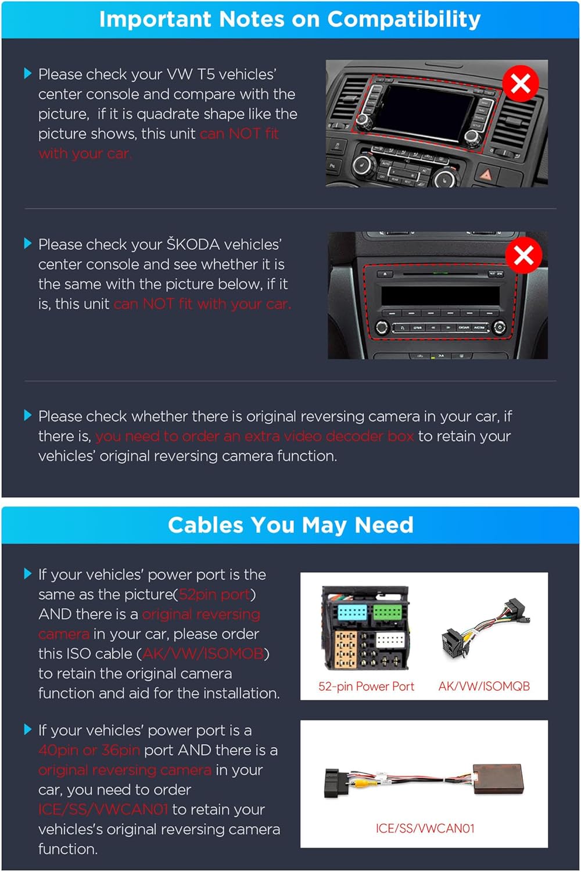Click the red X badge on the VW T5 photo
pyautogui.click(x=521, y=83)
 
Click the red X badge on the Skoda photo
pyautogui.click(x=523, y=255)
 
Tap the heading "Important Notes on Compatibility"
pyautogui.click(x=290, y=19)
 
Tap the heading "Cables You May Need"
pyautogui.click(x=290, y=525)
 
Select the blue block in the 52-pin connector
pyautogui.click(x=352, y=612)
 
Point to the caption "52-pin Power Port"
pyautogui.click(x=366, y=687)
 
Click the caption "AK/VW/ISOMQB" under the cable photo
pyautogui.click(x=484, y=687)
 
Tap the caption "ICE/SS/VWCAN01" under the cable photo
pyautogui.click(x=425, y=828)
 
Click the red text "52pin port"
pyautogui.click(x=214, y=595)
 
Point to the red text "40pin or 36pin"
pyautogui.click(x=89, y=750)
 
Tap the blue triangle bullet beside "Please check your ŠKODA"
pyautogui.click(x=28, y=244)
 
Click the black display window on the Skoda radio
pyautogui.click(x=440, y=296)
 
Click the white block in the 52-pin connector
pyautogui.click(x=390, y=640)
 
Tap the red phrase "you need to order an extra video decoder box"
pyautogui.click(x=254, y=437)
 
